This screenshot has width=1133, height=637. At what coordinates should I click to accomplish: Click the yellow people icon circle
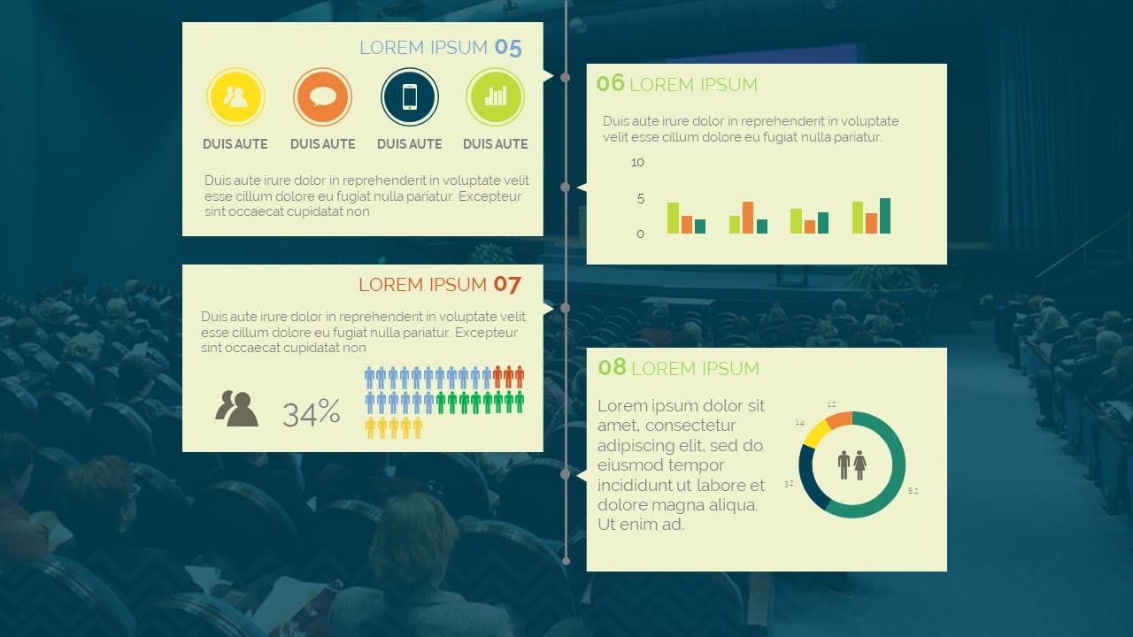[x=235, y=96]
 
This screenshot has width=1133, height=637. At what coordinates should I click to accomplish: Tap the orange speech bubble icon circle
[x=323, y=96]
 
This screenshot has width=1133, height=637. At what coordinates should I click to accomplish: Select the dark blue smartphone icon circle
[x=410, y=96]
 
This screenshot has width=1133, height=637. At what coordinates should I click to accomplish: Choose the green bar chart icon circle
[x=495, y=96]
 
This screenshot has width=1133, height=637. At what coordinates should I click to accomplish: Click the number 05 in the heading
[x=508, y=48]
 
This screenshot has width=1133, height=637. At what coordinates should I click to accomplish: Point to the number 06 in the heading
[x=611, y=84]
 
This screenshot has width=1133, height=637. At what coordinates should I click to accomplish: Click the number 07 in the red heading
[x=507, y=285]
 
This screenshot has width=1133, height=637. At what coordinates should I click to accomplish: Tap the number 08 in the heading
[x=612, y=367]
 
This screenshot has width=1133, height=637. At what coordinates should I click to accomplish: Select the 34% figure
[x=311, y=413]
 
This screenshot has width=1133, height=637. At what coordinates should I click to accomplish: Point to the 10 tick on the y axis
[x=637, y=162]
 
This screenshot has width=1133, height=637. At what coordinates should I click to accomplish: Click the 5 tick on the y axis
[x=641, y=199]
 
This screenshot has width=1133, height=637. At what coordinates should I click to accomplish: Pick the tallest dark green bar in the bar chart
[x=884, y=216]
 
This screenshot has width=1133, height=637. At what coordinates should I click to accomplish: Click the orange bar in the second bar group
[x=748, y=218]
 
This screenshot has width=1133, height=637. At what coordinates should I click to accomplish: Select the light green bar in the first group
[x=673, y=218]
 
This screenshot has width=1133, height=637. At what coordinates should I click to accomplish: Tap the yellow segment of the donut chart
[x=816, y=434]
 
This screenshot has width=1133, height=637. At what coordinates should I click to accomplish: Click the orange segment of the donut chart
[x=840, y=419]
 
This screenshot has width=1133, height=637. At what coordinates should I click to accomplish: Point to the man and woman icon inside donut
[x=852, y=465]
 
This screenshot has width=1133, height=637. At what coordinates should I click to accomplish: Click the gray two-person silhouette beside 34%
[x=236, y=409]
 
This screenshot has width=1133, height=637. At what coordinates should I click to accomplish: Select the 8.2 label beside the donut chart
[x=913, y=490]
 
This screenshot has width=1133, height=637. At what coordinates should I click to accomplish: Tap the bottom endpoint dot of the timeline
[x=566, y=561]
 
